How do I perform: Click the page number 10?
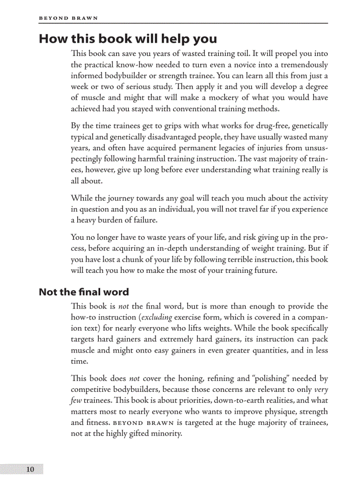(30, 469)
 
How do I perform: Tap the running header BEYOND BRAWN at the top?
(68, 18)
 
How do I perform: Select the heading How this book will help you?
(128, 39)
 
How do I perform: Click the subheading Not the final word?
(84, 292)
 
